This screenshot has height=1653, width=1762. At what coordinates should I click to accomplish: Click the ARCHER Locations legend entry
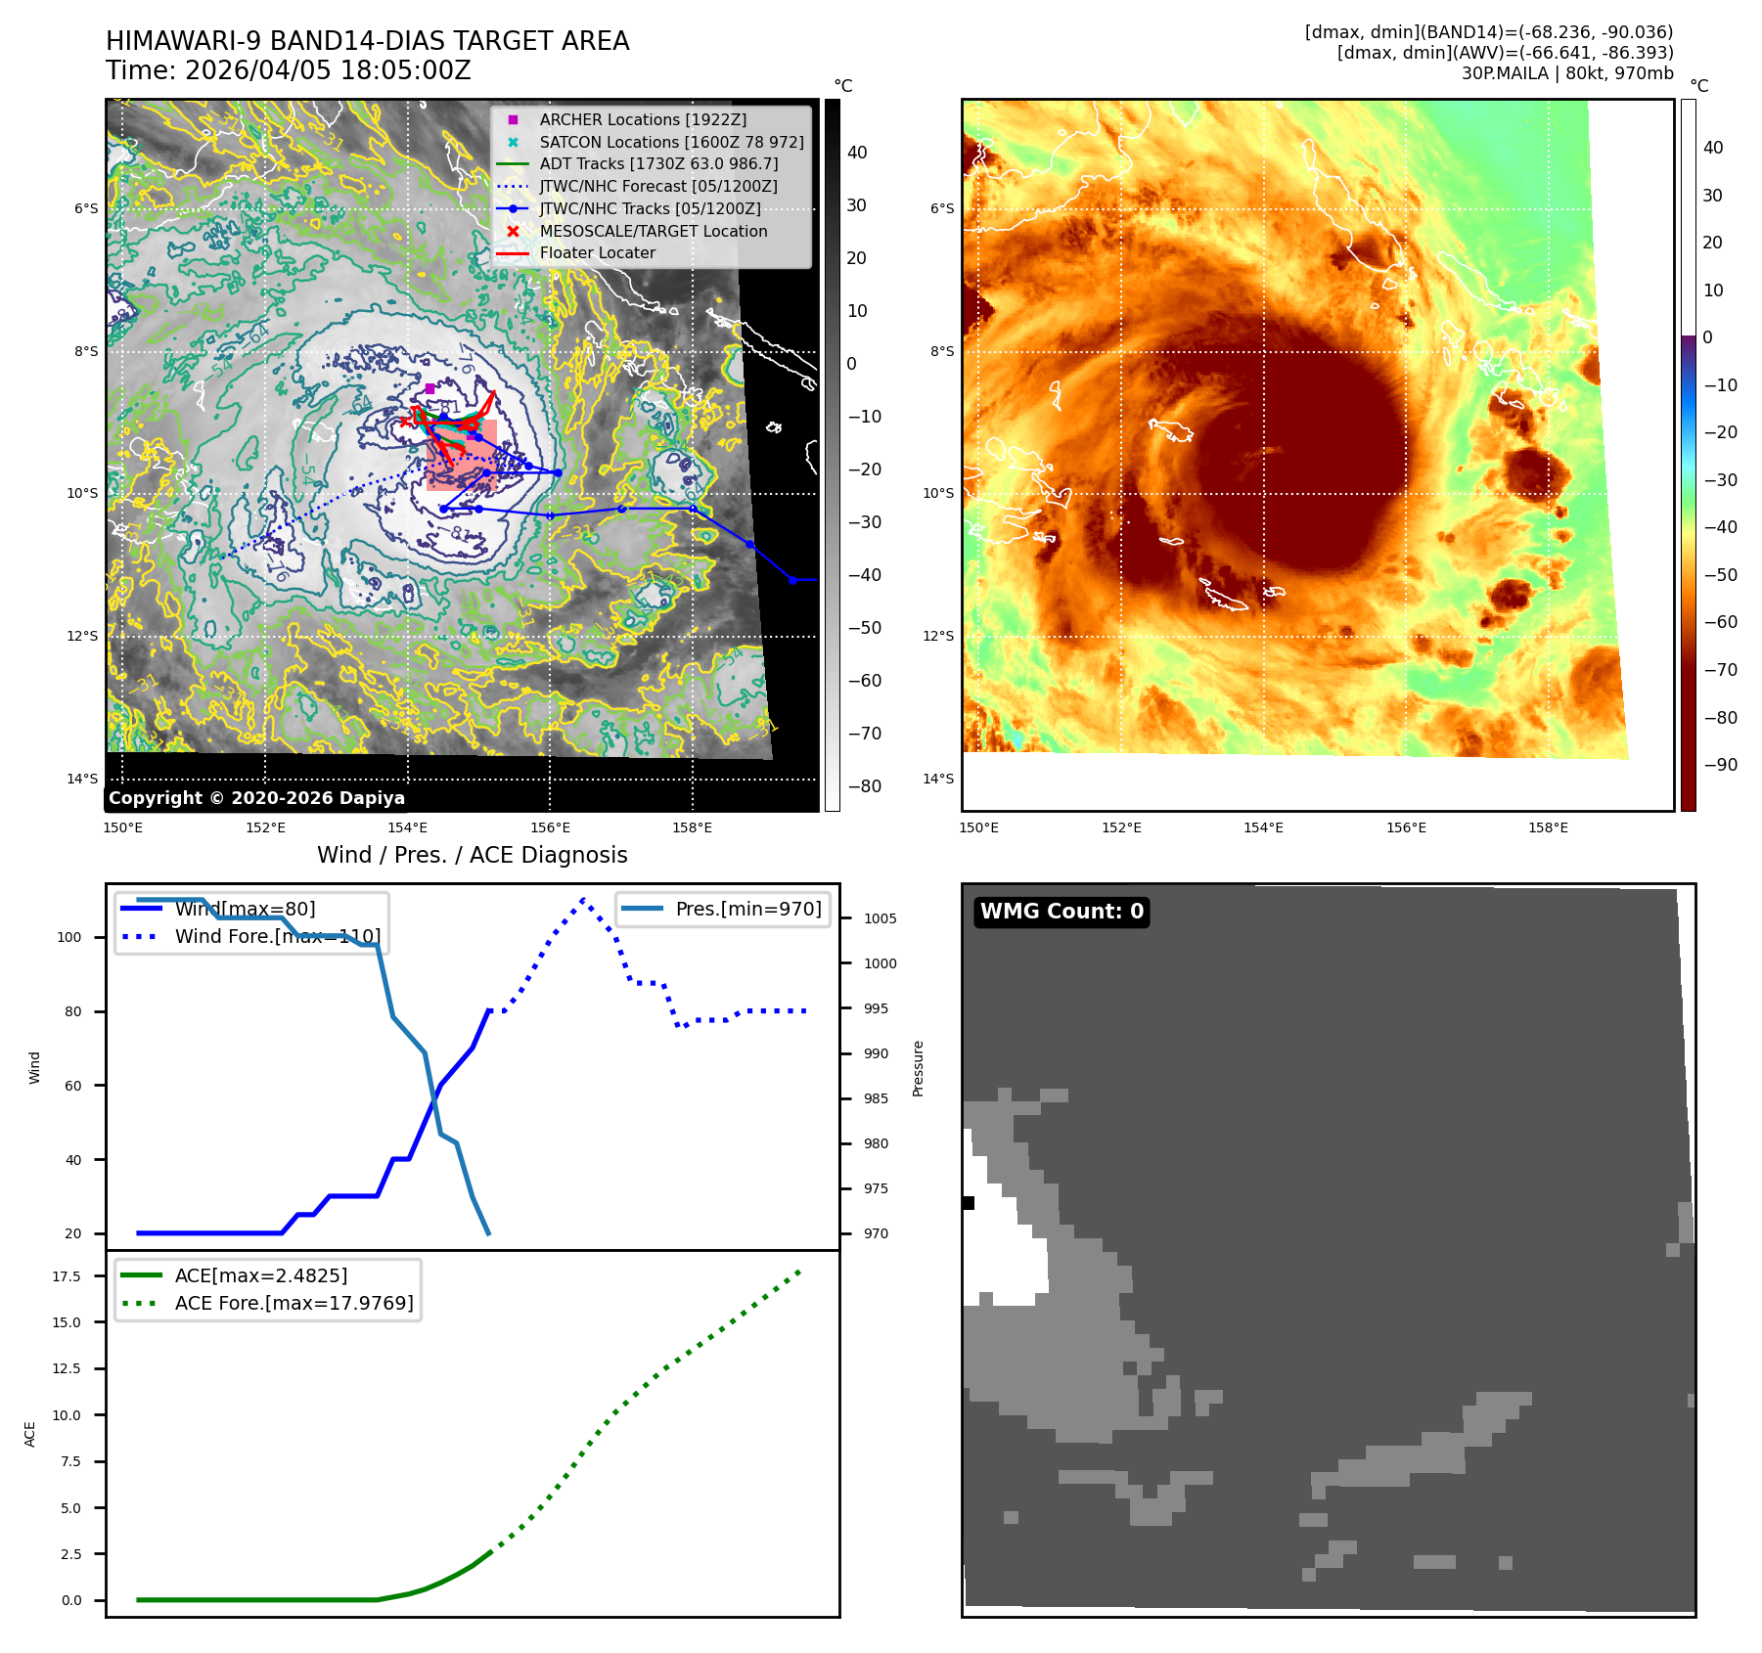pyautogui.click(x=643, y=119)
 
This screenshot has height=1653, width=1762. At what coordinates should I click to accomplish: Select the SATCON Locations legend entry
pyautogui.click(x=671, y=142)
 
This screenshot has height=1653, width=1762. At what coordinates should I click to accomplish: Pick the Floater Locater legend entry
pyautogui.click(x=597, y=252)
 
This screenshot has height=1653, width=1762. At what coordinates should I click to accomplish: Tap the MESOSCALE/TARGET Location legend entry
pyautogui.click(x=653, y=231)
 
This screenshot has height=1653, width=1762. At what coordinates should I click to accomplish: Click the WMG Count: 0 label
pyautogui.click(x=1062, y=912)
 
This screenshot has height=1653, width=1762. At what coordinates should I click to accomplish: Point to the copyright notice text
pyautogui.click(x=256, y=798)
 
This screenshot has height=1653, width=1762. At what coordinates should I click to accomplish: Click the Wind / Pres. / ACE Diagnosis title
pyautogui.click(x=472, y=855)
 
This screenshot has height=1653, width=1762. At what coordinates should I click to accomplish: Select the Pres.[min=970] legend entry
pyautogui.click(x=748, y=909)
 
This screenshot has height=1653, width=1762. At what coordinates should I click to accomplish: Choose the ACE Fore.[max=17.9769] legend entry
pyautogui.click(x=294, y=1303)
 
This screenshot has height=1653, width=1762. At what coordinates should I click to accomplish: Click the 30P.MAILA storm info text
pyautogui.click(x=1566, y=73)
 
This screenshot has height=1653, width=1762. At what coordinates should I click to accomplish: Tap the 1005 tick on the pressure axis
pyautogui.click(x=880, y=918)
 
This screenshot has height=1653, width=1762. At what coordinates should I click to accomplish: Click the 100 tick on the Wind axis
pyautogui.click(x=69, y=937)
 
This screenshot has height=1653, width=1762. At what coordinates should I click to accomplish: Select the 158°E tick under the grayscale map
pyautogui.click(x=692, y=828)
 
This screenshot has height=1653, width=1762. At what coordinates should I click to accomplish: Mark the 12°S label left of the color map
pyautogui.click(x=938, y=637)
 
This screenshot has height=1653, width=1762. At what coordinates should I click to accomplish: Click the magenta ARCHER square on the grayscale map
pyautogui.click(x=429, y=388)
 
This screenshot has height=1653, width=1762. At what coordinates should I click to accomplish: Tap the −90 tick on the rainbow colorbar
pyautogui.click(x=1720, y=765)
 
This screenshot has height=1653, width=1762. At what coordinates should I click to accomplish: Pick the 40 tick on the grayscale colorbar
pyautogui.click(x=857, y=153)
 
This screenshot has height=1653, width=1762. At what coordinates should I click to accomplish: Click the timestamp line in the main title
pyautogui.click(x=289, y=70)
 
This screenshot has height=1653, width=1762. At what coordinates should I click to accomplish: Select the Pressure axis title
pyautogui.click(x=918, y=1068)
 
